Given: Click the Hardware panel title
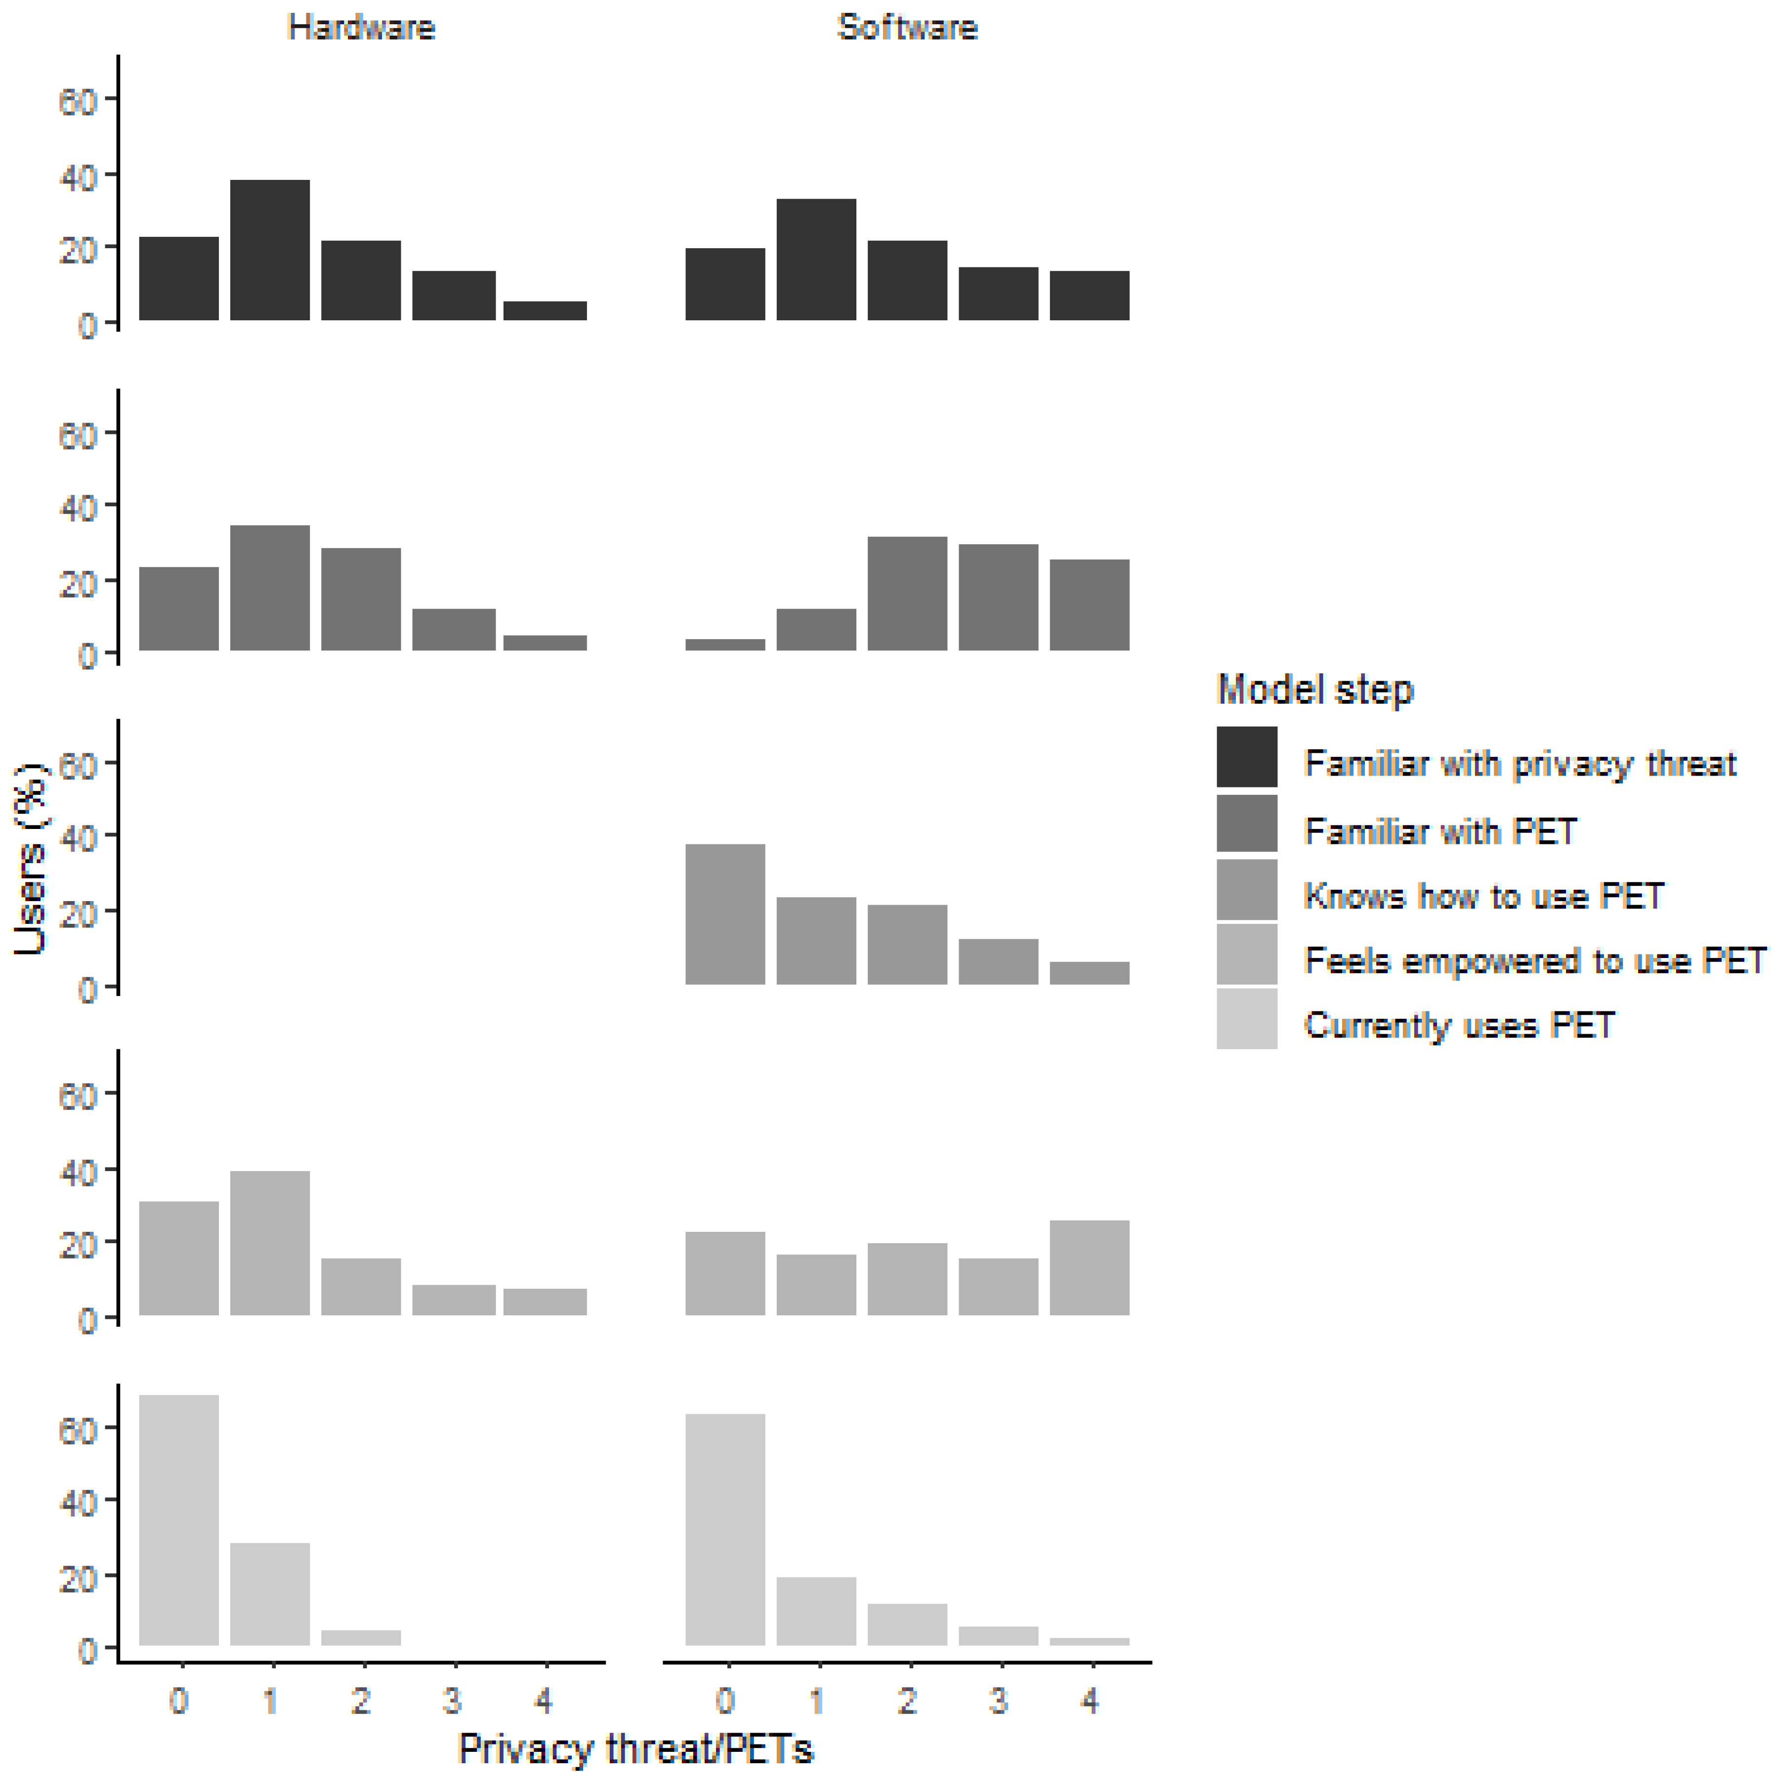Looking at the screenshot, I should pyautogui.click(x=361, y=28).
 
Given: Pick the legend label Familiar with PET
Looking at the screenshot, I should pyautogui.click(x=1440, y=831).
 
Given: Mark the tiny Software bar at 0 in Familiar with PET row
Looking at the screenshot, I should pyautogui.click(x=725, y=644).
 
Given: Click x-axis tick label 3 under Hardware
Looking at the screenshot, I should pyautogui.click(x=452, y=1699).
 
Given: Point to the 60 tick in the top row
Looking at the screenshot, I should pyautogui.click(x=78, y=100).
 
